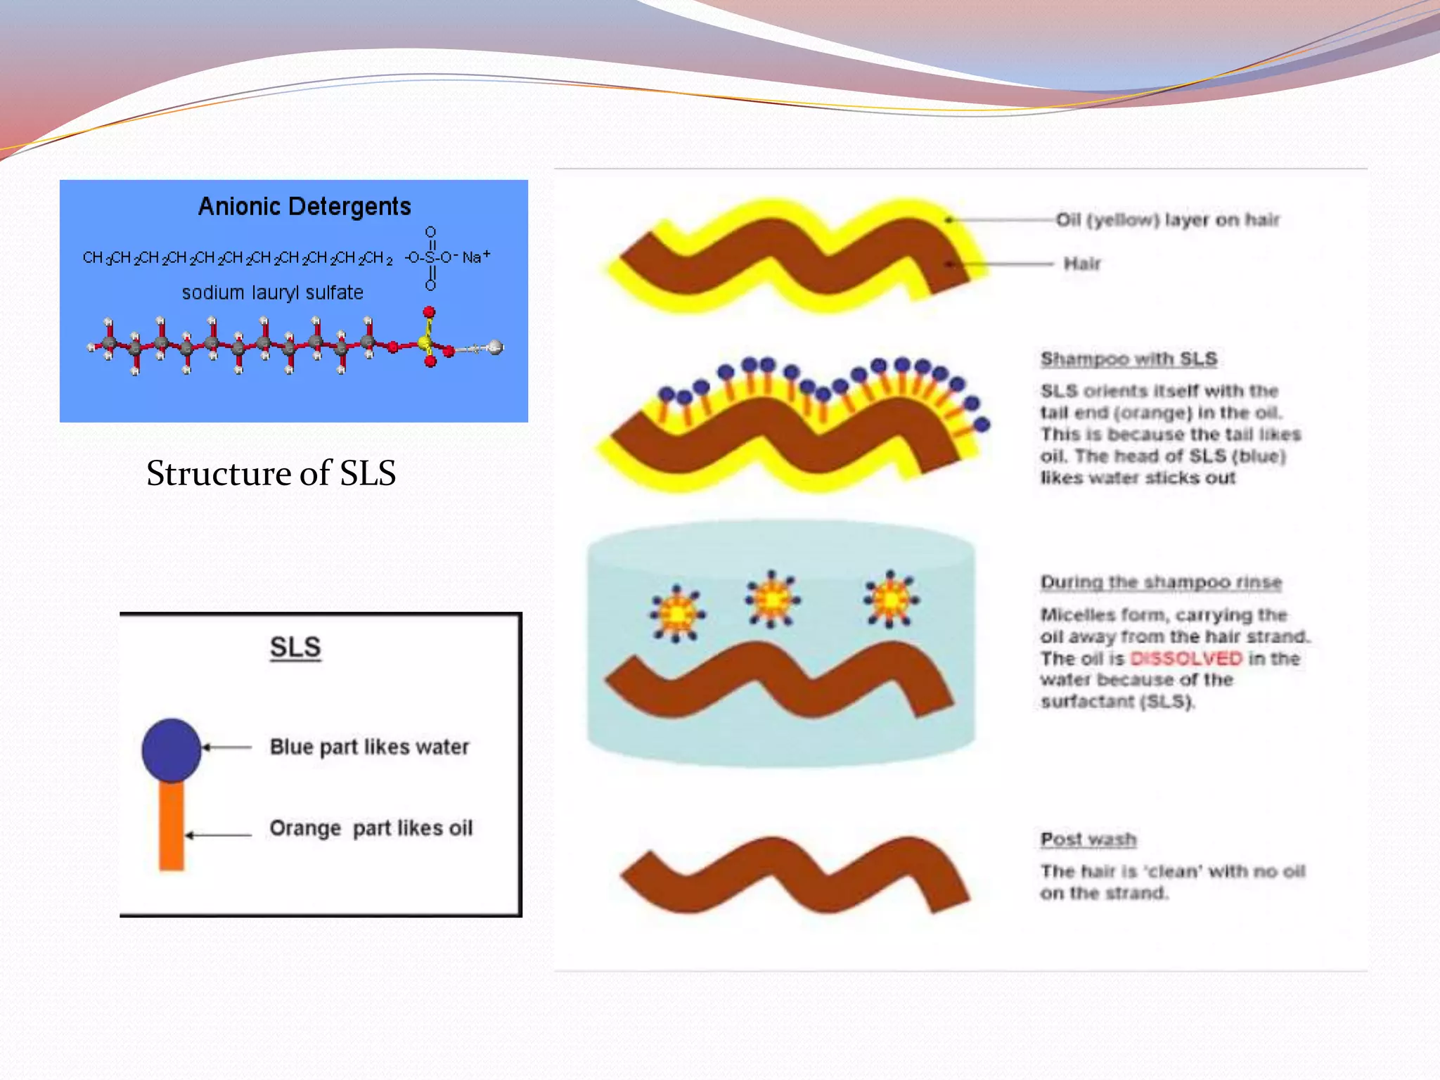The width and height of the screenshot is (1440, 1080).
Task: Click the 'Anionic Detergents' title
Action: click(304, 207)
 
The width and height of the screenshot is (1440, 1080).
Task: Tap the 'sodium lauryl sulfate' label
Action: click(273, 292)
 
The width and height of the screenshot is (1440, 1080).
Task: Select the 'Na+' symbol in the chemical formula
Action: click(476, 257)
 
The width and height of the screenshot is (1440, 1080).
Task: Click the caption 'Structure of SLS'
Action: click(271, 473)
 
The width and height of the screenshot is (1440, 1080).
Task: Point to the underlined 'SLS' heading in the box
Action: click(295, 647)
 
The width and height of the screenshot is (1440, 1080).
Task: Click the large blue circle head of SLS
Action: click(171, 750)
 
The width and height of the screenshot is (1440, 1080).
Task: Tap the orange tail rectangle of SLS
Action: click(171, 826)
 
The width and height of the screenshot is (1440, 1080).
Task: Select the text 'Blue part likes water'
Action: click(369, 747)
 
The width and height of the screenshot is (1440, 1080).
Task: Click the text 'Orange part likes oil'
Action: click(371, 828)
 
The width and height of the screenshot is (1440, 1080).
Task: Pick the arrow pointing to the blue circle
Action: click(226, 747)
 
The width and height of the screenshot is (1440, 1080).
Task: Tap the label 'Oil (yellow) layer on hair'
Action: click(1167, 220)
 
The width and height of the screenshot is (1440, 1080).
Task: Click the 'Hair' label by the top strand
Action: click(1081, 264)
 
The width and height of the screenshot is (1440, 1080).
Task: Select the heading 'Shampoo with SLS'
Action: click(1129, 359)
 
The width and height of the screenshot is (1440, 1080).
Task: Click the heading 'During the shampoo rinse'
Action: click(1161, 583)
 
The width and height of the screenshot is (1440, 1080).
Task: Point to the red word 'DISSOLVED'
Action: click(1185, 659)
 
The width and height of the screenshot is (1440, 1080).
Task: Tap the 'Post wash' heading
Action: click(1088, 840)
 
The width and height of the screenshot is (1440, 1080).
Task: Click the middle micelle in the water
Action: click(772, 600)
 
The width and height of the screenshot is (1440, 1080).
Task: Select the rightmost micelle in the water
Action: click(891, 600)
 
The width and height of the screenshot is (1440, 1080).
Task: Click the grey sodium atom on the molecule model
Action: click(496, 347)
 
